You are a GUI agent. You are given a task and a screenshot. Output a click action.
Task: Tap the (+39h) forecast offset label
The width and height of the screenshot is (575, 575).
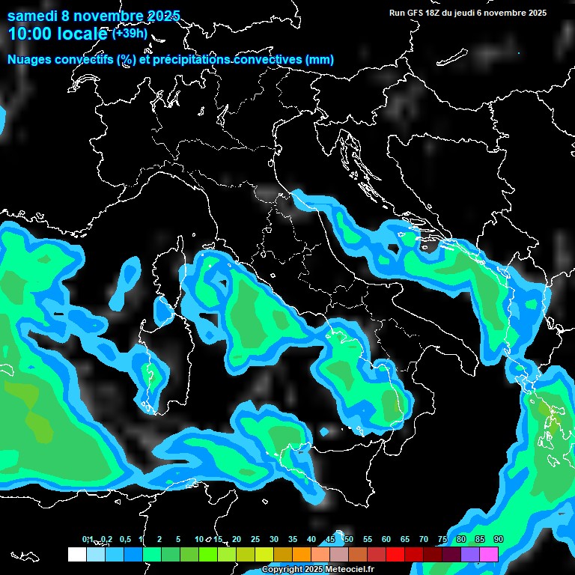(130, 34)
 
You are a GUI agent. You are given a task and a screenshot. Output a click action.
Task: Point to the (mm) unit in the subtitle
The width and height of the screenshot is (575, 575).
(320, 60)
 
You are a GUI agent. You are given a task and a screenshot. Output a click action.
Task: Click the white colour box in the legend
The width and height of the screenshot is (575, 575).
(76, 554)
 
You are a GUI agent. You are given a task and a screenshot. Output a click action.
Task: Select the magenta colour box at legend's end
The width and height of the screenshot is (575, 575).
(489, 554)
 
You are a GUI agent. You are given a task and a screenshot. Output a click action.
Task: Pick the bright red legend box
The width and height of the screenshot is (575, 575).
(395, 554)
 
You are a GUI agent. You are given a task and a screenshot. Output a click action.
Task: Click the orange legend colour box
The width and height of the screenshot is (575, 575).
(302, 554)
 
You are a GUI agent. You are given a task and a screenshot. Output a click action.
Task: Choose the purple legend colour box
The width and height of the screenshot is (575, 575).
(470, 554)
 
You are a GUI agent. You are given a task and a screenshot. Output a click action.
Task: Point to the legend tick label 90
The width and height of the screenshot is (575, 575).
(498, 540)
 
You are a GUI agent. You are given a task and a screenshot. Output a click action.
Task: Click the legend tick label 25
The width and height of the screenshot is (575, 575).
(255, 540)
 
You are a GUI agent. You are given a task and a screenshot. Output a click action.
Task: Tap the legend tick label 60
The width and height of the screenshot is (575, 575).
(386, 540)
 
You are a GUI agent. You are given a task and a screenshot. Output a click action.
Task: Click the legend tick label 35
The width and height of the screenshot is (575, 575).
(292, 540)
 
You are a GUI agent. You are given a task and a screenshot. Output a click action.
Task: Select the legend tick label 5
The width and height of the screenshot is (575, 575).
(178, 540)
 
